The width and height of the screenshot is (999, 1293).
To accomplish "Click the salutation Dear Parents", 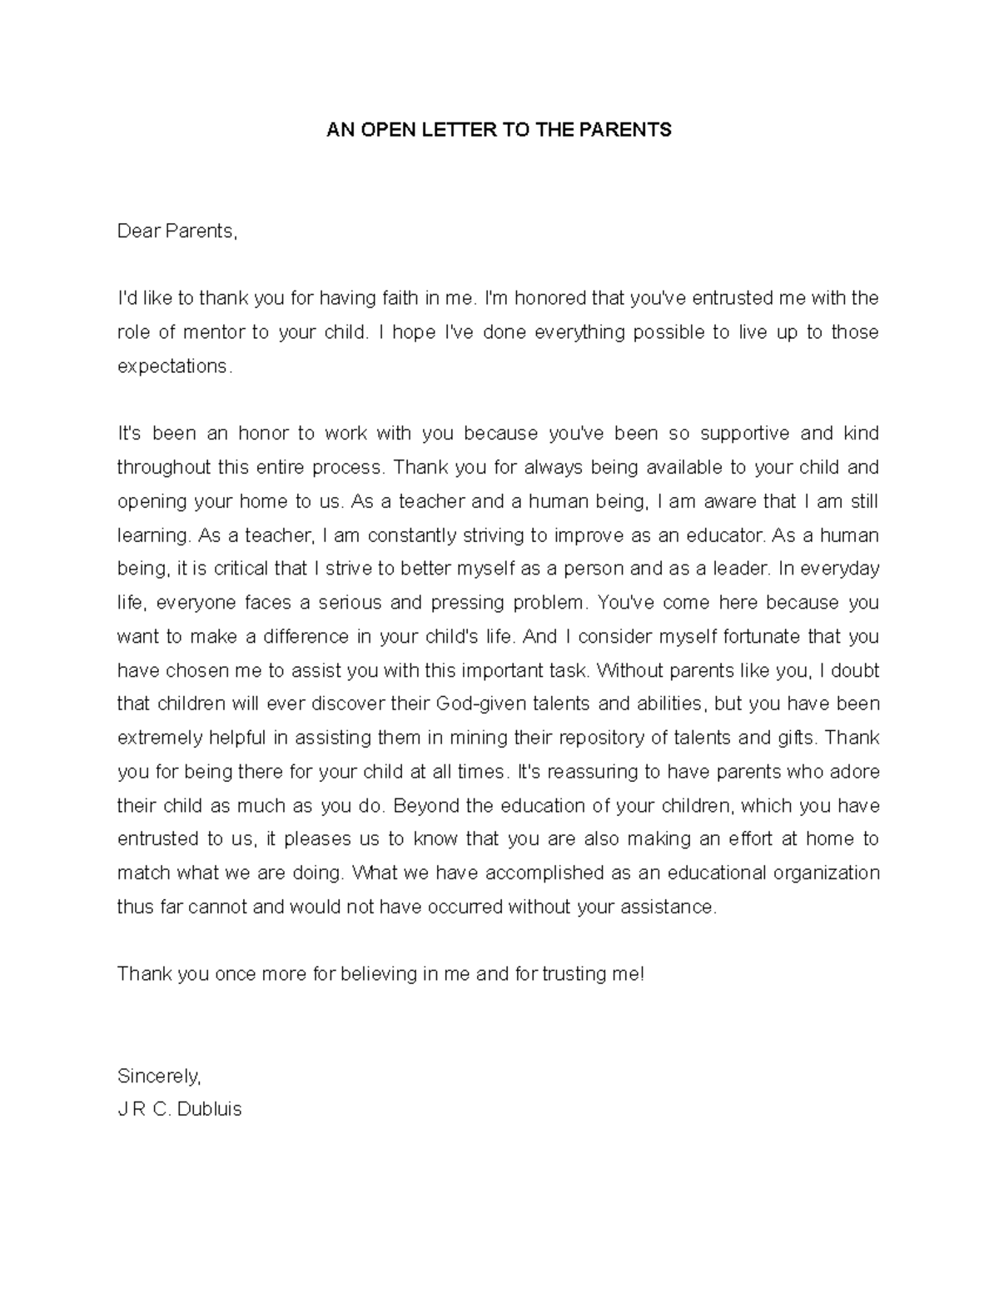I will pyautogui.click(x=177, y=231).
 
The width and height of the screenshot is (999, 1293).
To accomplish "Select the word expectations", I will pyautogui.click(x=171, y=366).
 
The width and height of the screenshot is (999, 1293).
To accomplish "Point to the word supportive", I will pyautogui.click(x=744, y=434).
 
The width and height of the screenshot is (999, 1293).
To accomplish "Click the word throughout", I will pyautogui.click(x=164, y=468).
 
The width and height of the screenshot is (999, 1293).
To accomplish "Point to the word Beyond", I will pyautogui.click(x=420, y=806).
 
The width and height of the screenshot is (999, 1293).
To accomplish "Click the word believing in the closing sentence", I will pyautogui.click(x=377, y=974).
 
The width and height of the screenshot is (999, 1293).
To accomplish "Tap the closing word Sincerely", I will pyautogui.click(x=158, y=1076).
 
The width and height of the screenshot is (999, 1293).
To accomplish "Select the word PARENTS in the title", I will pyautogui.click(x=632, y=130).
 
